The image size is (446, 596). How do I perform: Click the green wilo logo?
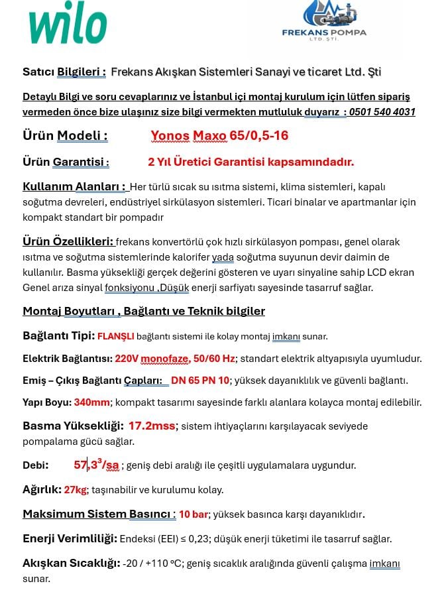(x=68, y=27)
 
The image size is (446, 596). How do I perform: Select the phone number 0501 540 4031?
(x=382, y=112)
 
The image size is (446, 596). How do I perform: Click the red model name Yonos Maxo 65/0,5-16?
(x=219, y=136)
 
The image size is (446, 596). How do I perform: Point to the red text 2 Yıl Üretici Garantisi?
(x=251, y=162)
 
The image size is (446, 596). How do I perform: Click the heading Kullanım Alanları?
(x=74, y=186)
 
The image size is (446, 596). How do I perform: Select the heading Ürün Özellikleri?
(x=68, y=241)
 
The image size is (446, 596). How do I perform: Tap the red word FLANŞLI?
(x=116, y=336)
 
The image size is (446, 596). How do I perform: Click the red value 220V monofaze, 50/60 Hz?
(x=175, y=359)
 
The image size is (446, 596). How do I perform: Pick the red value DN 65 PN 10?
(x=200, y=381)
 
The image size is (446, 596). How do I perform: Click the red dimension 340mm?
(x=92, y=402)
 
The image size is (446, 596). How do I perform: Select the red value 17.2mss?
(x=153, y=426)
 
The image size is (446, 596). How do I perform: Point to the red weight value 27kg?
(x=76, y=490)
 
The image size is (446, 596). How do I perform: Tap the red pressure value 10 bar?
(x=194, y=514)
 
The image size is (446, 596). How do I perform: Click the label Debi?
(x=36, y=465)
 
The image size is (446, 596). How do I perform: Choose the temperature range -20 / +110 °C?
(x=152, y=564)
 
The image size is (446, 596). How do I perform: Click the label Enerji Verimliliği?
(x=70, y=538)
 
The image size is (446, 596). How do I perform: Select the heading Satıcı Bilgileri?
(x=64, y=72)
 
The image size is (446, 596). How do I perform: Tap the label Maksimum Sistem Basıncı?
(x=99, y=514)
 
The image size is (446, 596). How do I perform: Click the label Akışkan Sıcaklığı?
(x=71, y=564)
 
